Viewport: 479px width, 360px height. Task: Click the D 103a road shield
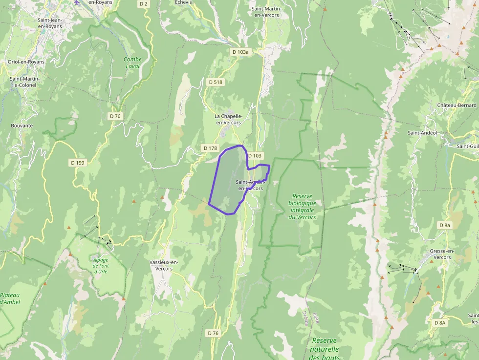[x=240, y=52]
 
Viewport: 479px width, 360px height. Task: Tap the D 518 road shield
[x=215, y=82]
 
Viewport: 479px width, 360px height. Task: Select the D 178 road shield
[x=209, y=148]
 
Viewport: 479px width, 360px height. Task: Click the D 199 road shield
[x=77, y=163]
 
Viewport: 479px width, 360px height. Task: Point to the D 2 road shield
[x=143, y=3]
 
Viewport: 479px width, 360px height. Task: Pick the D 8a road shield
[x=444, y=225]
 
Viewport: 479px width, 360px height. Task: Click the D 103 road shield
[x=255, y=156]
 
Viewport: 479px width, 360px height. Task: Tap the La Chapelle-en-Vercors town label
[x=228, y=119]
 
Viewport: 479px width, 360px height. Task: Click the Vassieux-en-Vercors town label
[x=164, y=265]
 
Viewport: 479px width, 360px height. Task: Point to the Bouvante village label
[x=22, y=126]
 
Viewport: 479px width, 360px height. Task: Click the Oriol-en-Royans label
[x=26, y=62]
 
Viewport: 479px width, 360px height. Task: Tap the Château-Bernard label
[x=457, y=106]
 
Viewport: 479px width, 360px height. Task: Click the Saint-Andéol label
[x=422, y=132]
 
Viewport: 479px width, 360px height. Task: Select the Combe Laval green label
[x=132, y=63]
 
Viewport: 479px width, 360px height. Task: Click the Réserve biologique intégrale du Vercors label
[x=302, y=206]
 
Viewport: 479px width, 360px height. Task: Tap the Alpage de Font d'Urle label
[x=101, y=265]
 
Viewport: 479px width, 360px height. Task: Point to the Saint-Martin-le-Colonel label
[x=24, y=82]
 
